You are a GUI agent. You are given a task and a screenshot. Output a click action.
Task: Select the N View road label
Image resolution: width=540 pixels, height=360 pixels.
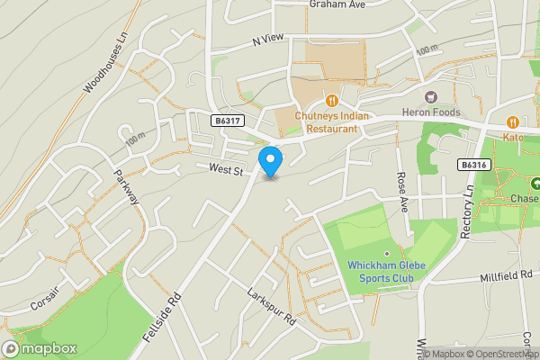tap(267, 40)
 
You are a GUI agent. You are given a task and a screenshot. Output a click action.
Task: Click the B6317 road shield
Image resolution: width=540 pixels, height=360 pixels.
tap(228, 121)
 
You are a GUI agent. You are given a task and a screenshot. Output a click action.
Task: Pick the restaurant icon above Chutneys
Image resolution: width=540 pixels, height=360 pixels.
tap(332, 101)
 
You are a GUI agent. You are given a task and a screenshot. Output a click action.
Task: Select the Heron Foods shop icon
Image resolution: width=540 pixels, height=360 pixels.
tap(431, 95)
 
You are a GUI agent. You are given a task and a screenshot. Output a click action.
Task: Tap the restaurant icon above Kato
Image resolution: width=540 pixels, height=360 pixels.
tap(512, 121)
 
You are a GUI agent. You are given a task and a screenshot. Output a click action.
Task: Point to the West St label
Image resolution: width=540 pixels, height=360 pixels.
tap(226, 169)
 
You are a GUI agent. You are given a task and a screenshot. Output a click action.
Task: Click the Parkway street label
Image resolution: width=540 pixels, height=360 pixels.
tap(125, 187)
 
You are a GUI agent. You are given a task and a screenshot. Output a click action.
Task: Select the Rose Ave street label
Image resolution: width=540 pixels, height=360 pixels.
tap(402, 192)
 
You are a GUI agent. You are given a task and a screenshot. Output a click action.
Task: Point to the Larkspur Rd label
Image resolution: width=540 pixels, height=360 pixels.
tap(272, 306)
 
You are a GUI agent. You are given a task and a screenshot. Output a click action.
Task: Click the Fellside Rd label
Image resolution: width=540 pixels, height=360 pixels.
tap(163, 318)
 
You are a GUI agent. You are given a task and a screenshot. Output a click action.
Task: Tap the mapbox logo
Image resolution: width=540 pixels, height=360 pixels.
tap(40, 348)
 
